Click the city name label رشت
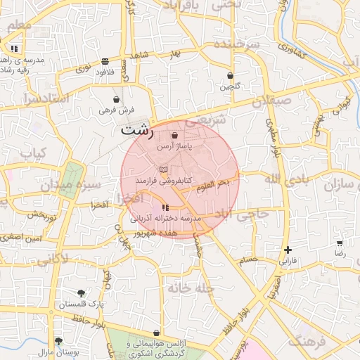pos(135,129)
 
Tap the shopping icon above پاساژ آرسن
pos(174,134)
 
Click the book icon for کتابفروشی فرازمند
pos(163,170)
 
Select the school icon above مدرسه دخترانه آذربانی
pos(165,207)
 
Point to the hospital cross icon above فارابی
pos(287,250)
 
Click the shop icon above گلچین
pos(230,75)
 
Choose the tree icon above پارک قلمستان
pos(82,292)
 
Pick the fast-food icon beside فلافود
pos(105,61)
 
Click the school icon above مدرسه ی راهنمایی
pos(14,49)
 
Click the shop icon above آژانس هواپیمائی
pos(155,333)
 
